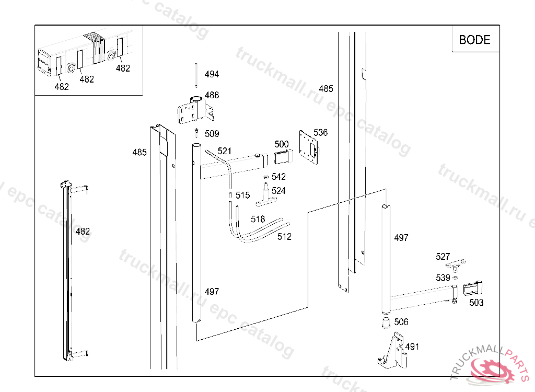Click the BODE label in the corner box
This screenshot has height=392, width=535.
coord(474,40)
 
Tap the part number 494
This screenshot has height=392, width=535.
coord(212,74)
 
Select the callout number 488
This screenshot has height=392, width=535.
coord(212,95)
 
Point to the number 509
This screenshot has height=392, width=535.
coord(212,133)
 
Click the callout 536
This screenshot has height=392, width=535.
coord(320,132)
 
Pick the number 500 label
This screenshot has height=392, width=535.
coord(282,144)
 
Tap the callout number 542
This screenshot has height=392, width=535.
coord(278,177)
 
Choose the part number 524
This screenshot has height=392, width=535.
coord(278,191)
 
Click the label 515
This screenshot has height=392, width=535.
coord(242,195)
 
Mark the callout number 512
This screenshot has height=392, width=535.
coord(284,237)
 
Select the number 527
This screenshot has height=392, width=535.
coord(443,257)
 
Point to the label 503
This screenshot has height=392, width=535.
coord(476,303)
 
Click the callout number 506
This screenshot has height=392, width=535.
coord(401,322)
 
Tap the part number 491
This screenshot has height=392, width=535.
coord(412,347)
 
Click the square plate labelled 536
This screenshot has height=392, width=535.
coord(309,147)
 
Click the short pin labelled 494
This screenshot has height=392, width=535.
coord(196,75)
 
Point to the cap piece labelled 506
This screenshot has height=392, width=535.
coord(386,322)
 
